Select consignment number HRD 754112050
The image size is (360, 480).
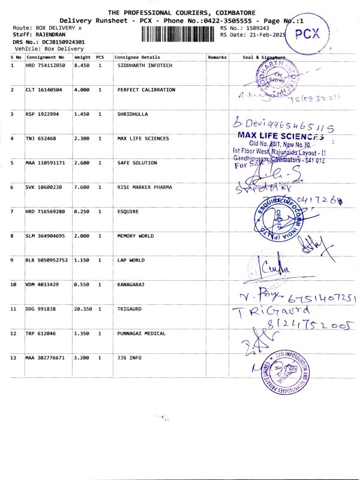(45, 65)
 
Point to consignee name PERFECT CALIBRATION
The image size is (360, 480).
(146, 89)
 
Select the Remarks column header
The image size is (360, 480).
(217, 57)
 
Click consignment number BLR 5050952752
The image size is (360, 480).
(47, 260)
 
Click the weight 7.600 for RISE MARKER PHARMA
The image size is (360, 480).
(83, 187)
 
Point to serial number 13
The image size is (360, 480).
(14, 358)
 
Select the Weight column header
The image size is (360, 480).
(83, 57)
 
